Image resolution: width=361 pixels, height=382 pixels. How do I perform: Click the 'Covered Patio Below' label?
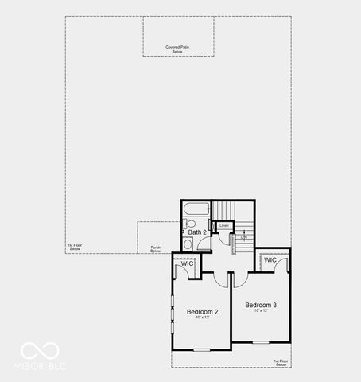[177, 49]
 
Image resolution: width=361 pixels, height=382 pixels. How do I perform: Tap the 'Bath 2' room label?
[198, 232]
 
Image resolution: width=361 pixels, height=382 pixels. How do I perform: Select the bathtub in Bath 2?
[196, 211]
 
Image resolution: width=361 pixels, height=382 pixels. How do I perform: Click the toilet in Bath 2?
[188, 244]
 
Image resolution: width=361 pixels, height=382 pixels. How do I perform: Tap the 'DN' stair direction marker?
[244, 237]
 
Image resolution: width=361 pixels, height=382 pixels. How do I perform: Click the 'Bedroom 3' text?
[261, 305]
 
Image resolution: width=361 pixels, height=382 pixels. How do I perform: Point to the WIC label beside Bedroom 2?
[187, 263]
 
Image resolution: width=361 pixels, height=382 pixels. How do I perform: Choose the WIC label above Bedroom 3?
[270, 260]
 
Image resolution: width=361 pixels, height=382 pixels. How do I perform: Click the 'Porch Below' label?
[156, 249]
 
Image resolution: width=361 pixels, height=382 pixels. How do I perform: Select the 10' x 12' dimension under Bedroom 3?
[261, 311]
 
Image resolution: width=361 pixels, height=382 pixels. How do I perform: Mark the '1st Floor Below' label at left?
[75, 248]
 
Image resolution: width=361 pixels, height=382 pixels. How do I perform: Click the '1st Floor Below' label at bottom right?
[281, 362]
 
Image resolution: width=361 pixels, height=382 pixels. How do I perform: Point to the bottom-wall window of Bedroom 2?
[202, 350]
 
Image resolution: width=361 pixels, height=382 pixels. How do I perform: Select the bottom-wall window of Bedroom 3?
[260, 342]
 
